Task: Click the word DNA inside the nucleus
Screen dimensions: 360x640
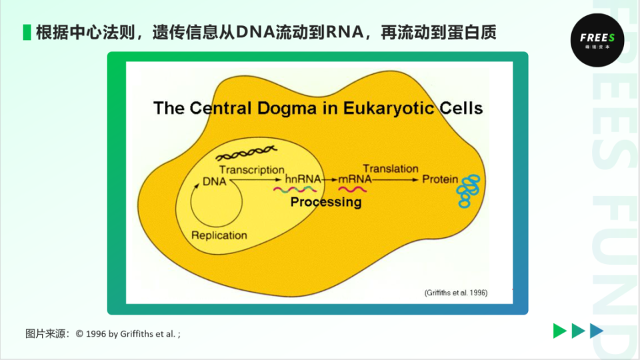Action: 215,181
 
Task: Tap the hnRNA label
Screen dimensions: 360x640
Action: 303,179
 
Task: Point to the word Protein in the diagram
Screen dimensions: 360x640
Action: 440,179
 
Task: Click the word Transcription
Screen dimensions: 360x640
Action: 251,170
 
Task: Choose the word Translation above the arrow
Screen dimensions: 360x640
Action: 391,169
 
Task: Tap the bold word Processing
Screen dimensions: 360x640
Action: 326,202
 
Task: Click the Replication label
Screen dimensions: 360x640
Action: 219,235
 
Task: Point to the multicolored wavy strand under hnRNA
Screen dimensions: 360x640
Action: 294,189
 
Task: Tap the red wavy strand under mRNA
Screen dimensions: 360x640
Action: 353,189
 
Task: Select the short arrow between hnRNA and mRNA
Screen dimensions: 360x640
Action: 330,180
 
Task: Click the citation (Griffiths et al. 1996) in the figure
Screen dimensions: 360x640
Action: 456,293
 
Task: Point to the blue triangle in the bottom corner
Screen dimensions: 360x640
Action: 597,331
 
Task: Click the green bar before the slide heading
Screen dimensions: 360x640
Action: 27,32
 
